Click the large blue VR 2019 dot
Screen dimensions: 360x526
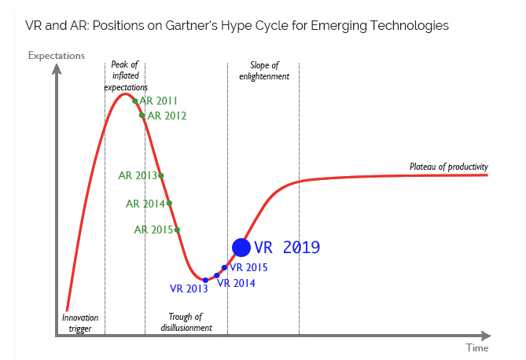click(x=241, y=248)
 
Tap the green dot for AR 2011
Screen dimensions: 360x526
click(x=135, y=101)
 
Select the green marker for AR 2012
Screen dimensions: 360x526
click(x=142, y=116)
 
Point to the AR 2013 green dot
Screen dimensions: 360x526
click(x=161, y=175)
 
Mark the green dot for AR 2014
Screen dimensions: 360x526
click(x=169, y=204)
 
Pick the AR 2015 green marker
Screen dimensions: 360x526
click(x=177, y=230)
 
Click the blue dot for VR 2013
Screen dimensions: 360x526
click(x=205, y=280)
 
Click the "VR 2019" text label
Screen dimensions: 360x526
click(x=287, y=248)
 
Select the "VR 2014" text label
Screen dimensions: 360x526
click(x=236, y=283)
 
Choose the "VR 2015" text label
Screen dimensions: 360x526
click(x=248, y=267)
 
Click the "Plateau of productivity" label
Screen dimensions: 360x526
click(x=449, y=167)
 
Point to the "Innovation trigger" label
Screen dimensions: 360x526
click(x=81, y=322)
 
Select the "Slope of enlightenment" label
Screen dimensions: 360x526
click(x=264, y=71)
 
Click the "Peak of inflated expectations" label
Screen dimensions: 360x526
click(x=126, y=75)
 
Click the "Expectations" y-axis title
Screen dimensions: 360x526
click(x=57, y=55)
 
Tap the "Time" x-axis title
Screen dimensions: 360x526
click(x=476, y=347)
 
